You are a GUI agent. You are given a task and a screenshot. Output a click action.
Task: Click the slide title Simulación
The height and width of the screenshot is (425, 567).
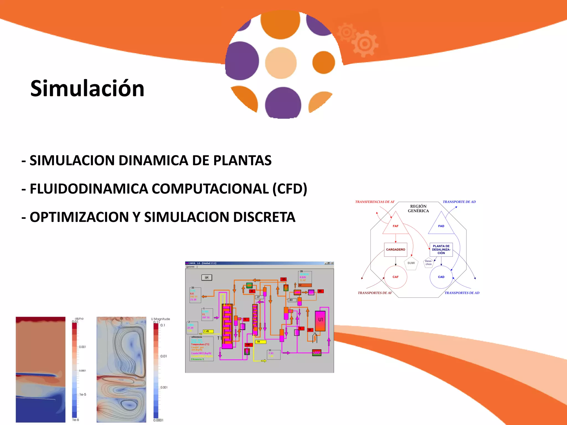pyautogui.click(x=87, y=89)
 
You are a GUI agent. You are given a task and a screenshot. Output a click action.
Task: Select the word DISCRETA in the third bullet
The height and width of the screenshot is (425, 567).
pyautogui.click(x=264, y=217)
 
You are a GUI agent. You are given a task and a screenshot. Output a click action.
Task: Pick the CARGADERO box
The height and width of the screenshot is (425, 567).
pyautogui.click(x=395, y=250)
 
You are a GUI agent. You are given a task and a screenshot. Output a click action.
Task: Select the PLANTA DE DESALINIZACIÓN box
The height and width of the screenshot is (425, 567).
pyautogui.click(x=441, y=250)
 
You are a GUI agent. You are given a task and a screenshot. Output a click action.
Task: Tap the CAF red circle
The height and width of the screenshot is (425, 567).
pyautogui.click(x=395, y=277)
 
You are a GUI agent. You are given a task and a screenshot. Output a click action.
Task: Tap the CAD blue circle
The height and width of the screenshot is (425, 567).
pyautogui.click(x=441, y=277)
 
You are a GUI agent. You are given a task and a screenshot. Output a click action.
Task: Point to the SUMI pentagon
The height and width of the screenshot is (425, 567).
pyautogui.click(x=411, y=263)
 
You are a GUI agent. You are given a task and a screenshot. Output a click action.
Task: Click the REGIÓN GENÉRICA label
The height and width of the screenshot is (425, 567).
pyautogui.click(x=418, y=209)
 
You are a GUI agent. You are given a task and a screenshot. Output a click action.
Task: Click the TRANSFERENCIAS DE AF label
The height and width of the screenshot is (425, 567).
pyautogui.click(x=375, y=202)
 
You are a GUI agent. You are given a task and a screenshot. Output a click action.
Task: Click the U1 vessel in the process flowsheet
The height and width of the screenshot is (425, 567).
pyautogui.click(x=320, y=320)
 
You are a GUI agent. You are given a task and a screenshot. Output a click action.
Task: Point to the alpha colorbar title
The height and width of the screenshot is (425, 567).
pyautogui.click(x=79, y=319)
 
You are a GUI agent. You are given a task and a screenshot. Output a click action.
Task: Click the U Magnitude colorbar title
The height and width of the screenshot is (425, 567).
pyautogui.click(x=161, y=319)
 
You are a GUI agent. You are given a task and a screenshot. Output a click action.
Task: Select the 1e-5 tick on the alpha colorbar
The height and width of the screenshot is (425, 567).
pyautogui.click(x=83, y=395)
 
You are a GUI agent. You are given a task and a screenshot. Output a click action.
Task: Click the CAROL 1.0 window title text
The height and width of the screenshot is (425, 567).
pyautogui.click(x=202, y=263)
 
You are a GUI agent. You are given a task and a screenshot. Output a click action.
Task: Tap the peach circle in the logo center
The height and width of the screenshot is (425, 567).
pyautogui.click(x=281, y=63)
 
